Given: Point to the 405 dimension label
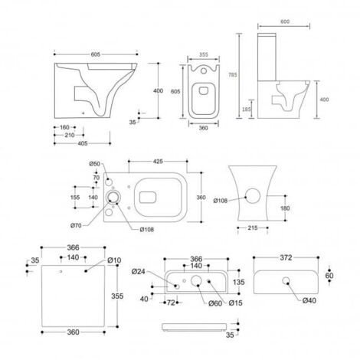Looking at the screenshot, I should click(x=68, y=142).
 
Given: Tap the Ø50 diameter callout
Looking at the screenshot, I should click(x=95, y=164).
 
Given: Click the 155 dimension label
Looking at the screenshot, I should click(x=75, y=197).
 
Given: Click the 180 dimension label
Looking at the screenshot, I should click(x=285, y=208).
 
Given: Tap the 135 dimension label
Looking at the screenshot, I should click(x=237, y=280).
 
